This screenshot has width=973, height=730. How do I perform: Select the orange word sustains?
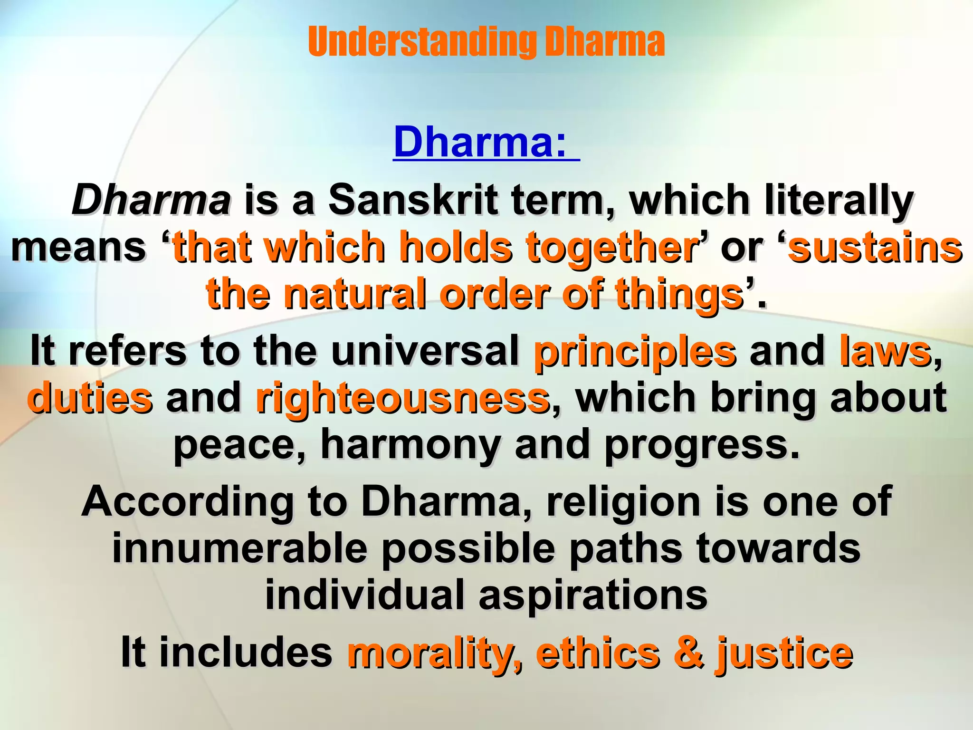pos(875,247)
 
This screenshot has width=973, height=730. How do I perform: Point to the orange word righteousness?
pos(402,398)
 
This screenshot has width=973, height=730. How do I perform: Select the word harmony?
pos(410,445)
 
